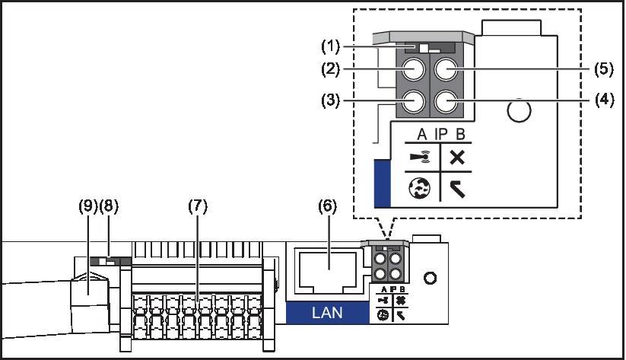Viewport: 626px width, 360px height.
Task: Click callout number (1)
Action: pos(331,46)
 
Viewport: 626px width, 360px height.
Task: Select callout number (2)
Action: pos(331,69)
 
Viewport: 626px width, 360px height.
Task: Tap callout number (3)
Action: pos(331,100)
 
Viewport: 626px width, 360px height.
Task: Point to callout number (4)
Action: pos(605,100)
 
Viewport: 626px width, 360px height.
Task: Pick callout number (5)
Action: pos(604,68)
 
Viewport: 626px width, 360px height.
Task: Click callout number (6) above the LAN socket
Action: pos(327,206)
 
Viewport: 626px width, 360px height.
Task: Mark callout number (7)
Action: pos(198,206)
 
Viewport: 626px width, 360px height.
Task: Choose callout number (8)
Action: pos(109,206)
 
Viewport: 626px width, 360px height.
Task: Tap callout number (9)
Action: pos(88,206)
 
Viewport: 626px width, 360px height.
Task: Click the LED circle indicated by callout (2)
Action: pos(413,69)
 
